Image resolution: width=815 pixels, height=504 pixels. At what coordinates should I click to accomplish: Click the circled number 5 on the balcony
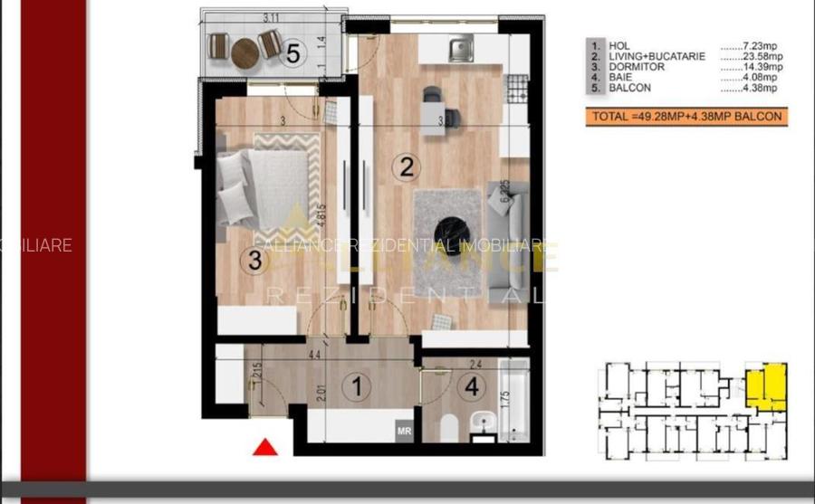pyautogui.click(x=292, y=52)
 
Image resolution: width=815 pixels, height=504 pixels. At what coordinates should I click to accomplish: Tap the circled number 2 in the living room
pyautogui.click(x=406, y=166)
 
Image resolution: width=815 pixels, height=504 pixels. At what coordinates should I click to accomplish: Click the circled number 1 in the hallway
pyautogui.click(x=357, y=387)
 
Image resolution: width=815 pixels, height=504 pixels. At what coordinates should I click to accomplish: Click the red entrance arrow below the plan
pyautogui.click(x=264, y=447)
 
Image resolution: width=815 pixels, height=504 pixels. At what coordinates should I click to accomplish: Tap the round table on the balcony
pyautogui.click(x=244, y=53)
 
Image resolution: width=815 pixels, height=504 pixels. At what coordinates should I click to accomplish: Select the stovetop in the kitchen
pyautogui.click(x=519, y=87)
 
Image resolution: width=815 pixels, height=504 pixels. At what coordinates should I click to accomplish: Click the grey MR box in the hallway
pyautogui.click(x=404, y=431)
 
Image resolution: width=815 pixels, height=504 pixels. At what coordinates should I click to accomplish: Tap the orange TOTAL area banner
pyautogui.click(x=685, y=117)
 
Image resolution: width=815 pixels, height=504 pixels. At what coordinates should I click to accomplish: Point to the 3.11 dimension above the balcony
pyautogui.click(x=270, y=16)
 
